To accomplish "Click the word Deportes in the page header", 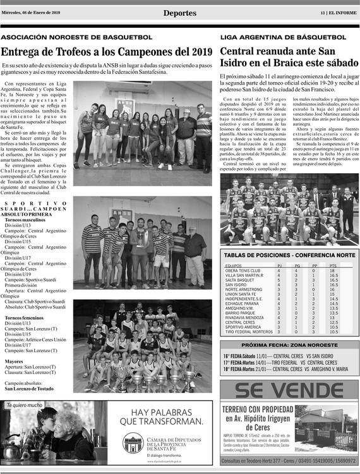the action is tap(179, 13).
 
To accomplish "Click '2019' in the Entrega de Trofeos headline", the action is tap(201, 52).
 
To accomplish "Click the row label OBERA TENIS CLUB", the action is tap(243, 270).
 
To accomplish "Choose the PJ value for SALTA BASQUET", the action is tap(279, 280).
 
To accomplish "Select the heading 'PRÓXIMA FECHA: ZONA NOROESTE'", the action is tap(289, 346).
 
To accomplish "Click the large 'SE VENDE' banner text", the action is tap(289, 391).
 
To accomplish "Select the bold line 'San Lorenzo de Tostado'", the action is tap(30, 389).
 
